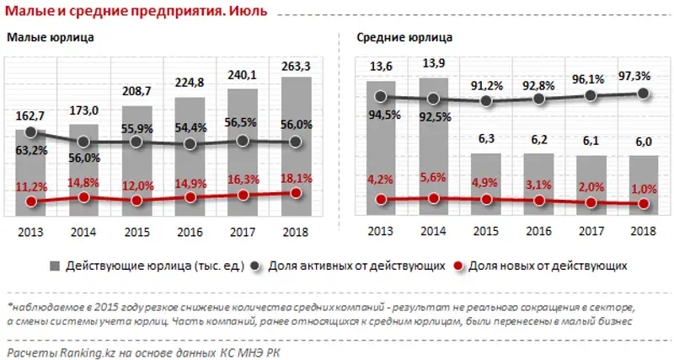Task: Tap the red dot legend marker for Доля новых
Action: (x=458, y=266)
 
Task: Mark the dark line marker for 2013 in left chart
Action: (x=32, y=132)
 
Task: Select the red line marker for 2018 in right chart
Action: (x=644, y=203)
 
